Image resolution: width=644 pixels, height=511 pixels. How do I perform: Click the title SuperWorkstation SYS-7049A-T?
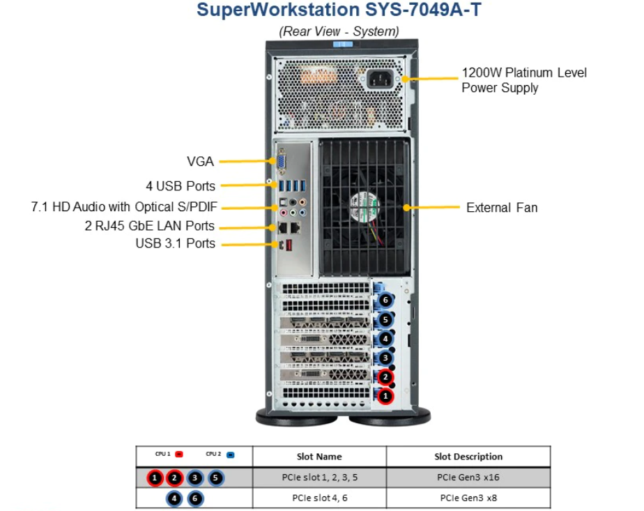339,10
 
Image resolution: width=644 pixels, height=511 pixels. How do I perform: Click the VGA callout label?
201,162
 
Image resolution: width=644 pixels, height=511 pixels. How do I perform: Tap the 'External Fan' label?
502,208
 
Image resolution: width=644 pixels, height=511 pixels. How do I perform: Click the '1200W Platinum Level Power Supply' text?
524,80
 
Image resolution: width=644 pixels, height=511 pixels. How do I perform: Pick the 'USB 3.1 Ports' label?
176,243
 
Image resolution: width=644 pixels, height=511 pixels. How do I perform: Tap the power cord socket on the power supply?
381,77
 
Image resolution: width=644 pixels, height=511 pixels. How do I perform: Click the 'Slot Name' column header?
319,457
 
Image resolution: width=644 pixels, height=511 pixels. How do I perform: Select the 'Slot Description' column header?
468,457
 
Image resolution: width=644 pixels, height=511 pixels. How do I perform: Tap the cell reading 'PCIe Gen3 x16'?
468,478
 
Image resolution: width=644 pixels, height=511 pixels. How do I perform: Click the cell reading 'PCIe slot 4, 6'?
319,498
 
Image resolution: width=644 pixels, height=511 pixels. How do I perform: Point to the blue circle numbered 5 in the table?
217,478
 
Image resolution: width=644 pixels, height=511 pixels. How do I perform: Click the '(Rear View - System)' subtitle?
339,31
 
